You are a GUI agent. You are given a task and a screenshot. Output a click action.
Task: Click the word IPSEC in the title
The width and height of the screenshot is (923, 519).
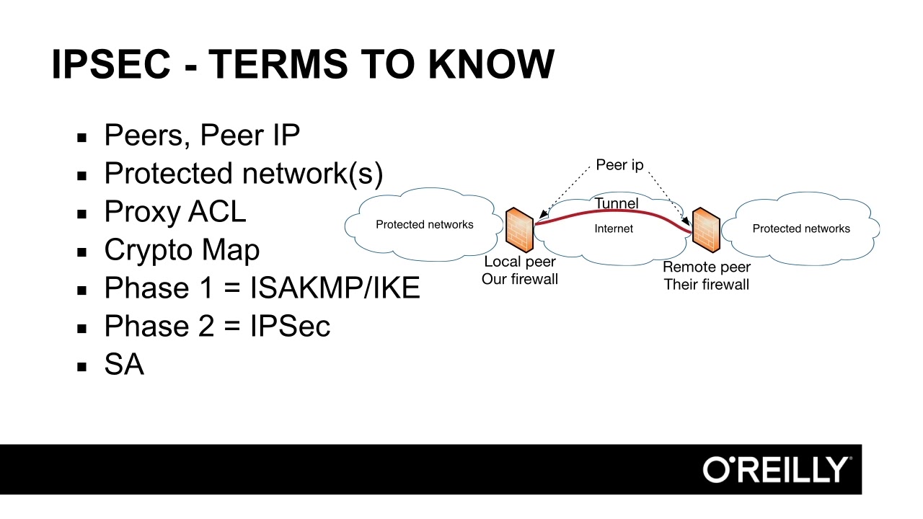tap(111, 64)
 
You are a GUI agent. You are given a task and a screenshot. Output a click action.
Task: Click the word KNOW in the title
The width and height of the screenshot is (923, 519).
tap(491, 64)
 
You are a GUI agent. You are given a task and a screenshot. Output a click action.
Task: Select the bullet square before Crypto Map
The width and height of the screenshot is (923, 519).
tap(82, 252)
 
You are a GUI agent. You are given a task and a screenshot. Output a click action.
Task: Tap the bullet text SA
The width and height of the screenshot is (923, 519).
tap(124, 365)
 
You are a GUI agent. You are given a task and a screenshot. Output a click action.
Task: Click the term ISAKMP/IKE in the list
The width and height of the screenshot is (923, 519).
tap(335, 288)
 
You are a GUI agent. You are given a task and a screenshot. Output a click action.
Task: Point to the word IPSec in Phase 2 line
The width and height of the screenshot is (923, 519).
tap(290, 327)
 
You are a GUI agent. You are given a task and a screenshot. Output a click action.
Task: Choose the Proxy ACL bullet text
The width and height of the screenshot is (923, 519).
tap(175, 212)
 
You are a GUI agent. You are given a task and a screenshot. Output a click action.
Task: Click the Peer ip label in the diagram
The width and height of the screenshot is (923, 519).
tap(619, 165)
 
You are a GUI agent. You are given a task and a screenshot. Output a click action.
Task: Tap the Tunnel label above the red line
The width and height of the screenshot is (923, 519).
tap(617, 204)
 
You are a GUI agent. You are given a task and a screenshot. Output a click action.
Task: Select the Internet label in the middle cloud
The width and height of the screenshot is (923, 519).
tap(614, 229)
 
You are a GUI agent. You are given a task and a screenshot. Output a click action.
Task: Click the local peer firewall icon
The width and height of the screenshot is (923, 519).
tap(519, 230)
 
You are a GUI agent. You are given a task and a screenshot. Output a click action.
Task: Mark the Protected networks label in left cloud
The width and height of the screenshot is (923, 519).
tap(425, 224)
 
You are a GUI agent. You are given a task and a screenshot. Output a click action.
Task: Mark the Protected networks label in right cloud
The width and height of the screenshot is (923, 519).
tap(801, 229)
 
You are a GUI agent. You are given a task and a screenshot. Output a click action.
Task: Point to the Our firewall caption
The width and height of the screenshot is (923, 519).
tap(520, 279)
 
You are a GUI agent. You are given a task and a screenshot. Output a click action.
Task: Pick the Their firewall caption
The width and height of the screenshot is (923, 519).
tap(707, 285)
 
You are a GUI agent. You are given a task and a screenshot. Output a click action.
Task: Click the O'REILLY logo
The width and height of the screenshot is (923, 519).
tap(777, 469)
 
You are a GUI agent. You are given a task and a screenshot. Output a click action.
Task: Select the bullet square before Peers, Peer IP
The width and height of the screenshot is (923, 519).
tap(82, 136)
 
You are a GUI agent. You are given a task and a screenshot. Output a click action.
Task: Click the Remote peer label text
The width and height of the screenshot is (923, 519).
tap(707, 267)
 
